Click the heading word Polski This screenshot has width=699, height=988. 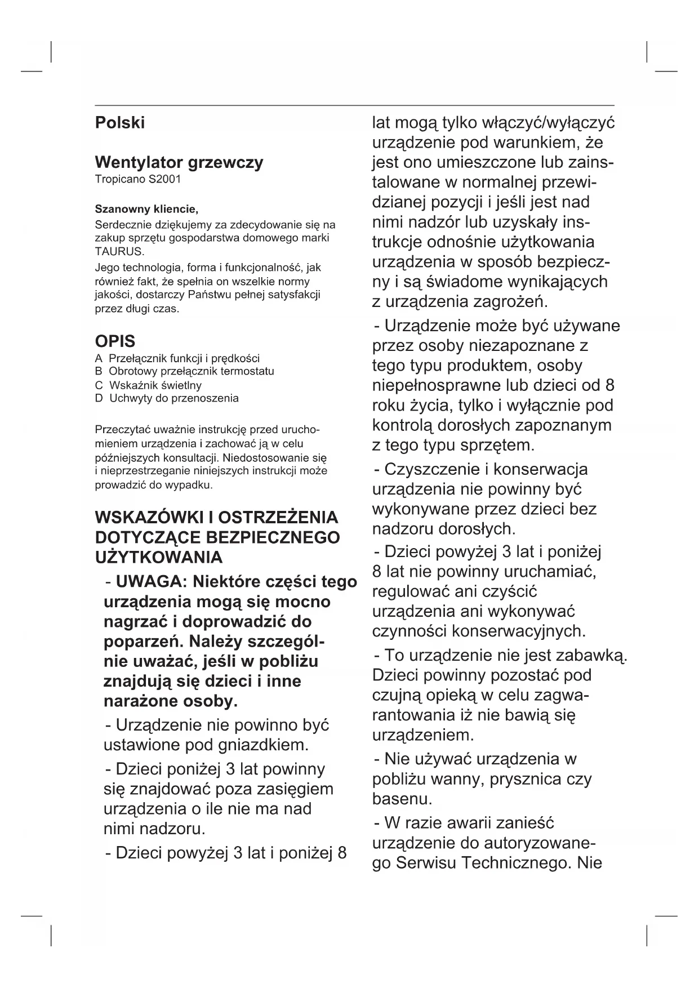coord(119,123)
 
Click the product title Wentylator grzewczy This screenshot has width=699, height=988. coord(179,163)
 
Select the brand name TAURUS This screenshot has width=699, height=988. coord(112,251)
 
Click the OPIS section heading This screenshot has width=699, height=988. coord(115,341)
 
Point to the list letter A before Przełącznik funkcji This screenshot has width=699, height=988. coord(99,358)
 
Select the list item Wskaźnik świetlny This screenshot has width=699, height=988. coord(155,385)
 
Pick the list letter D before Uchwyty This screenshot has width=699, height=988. coord(99,398)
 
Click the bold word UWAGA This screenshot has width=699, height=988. coord(147,581)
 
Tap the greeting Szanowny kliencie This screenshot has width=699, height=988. coord(146,210)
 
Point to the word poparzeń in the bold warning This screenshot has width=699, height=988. coord(144,642)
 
